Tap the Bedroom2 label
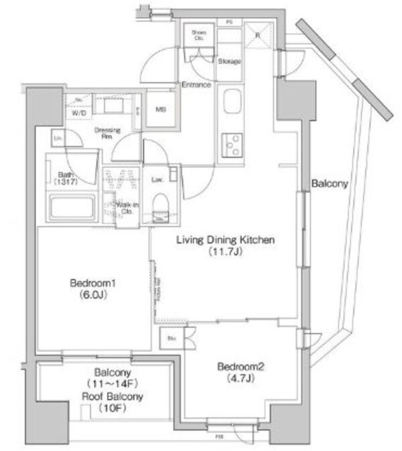[x=238, y=366]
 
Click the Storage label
[x=229, y=62]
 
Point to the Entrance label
[x=196, y=85]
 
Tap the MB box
[x=161, y=110]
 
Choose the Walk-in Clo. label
[x=126, y=207]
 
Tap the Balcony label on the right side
[x=328, y=185]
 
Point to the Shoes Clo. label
[x=199, y=35]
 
